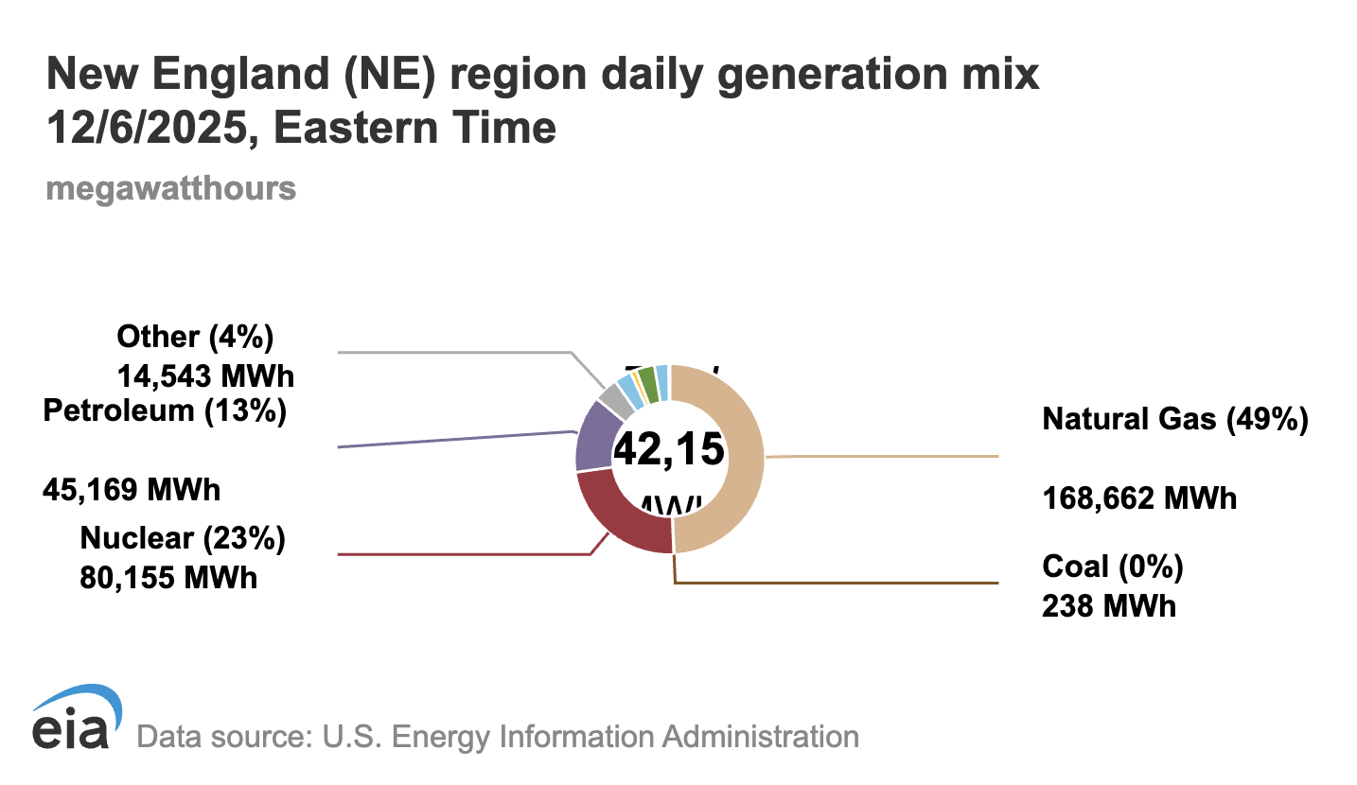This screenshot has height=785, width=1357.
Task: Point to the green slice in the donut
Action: click(647, 382)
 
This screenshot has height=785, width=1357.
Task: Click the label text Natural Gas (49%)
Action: click(1174, 419)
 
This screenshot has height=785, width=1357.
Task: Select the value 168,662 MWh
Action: click(1139, 497)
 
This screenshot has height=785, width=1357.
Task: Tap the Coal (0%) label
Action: click(1112, 567)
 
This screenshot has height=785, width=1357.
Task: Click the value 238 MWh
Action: click(1108, 605)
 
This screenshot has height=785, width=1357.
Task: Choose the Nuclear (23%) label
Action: click(183, 539)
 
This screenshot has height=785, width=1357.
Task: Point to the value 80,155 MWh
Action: click(168, 576)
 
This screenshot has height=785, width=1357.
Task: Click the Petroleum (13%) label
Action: click(165, 411)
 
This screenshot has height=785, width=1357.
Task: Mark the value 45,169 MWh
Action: click(132, 490)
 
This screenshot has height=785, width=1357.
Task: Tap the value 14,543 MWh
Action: click(205, 375)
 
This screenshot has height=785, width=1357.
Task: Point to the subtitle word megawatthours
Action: click(170, 188)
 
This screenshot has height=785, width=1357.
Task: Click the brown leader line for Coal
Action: click(852, 584)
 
